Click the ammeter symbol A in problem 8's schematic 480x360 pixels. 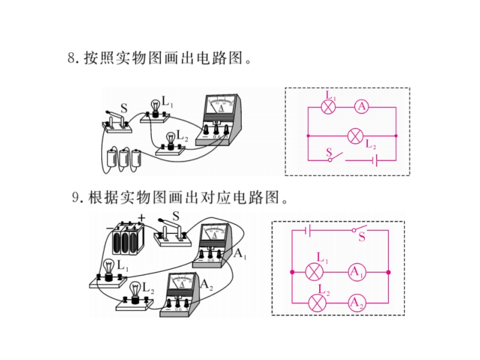362,107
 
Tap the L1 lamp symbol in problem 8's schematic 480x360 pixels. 328,107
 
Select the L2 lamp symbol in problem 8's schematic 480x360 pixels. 355,136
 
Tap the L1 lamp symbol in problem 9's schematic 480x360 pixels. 314,272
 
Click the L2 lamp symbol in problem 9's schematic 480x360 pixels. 317,303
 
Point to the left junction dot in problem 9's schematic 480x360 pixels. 292,272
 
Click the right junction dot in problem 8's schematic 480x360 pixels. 396,136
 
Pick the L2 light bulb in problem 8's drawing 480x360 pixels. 170,141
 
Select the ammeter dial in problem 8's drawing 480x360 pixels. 221,104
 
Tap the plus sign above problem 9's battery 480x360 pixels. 141,218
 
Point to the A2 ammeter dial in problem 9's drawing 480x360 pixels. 182,281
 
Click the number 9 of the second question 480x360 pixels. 76,197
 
